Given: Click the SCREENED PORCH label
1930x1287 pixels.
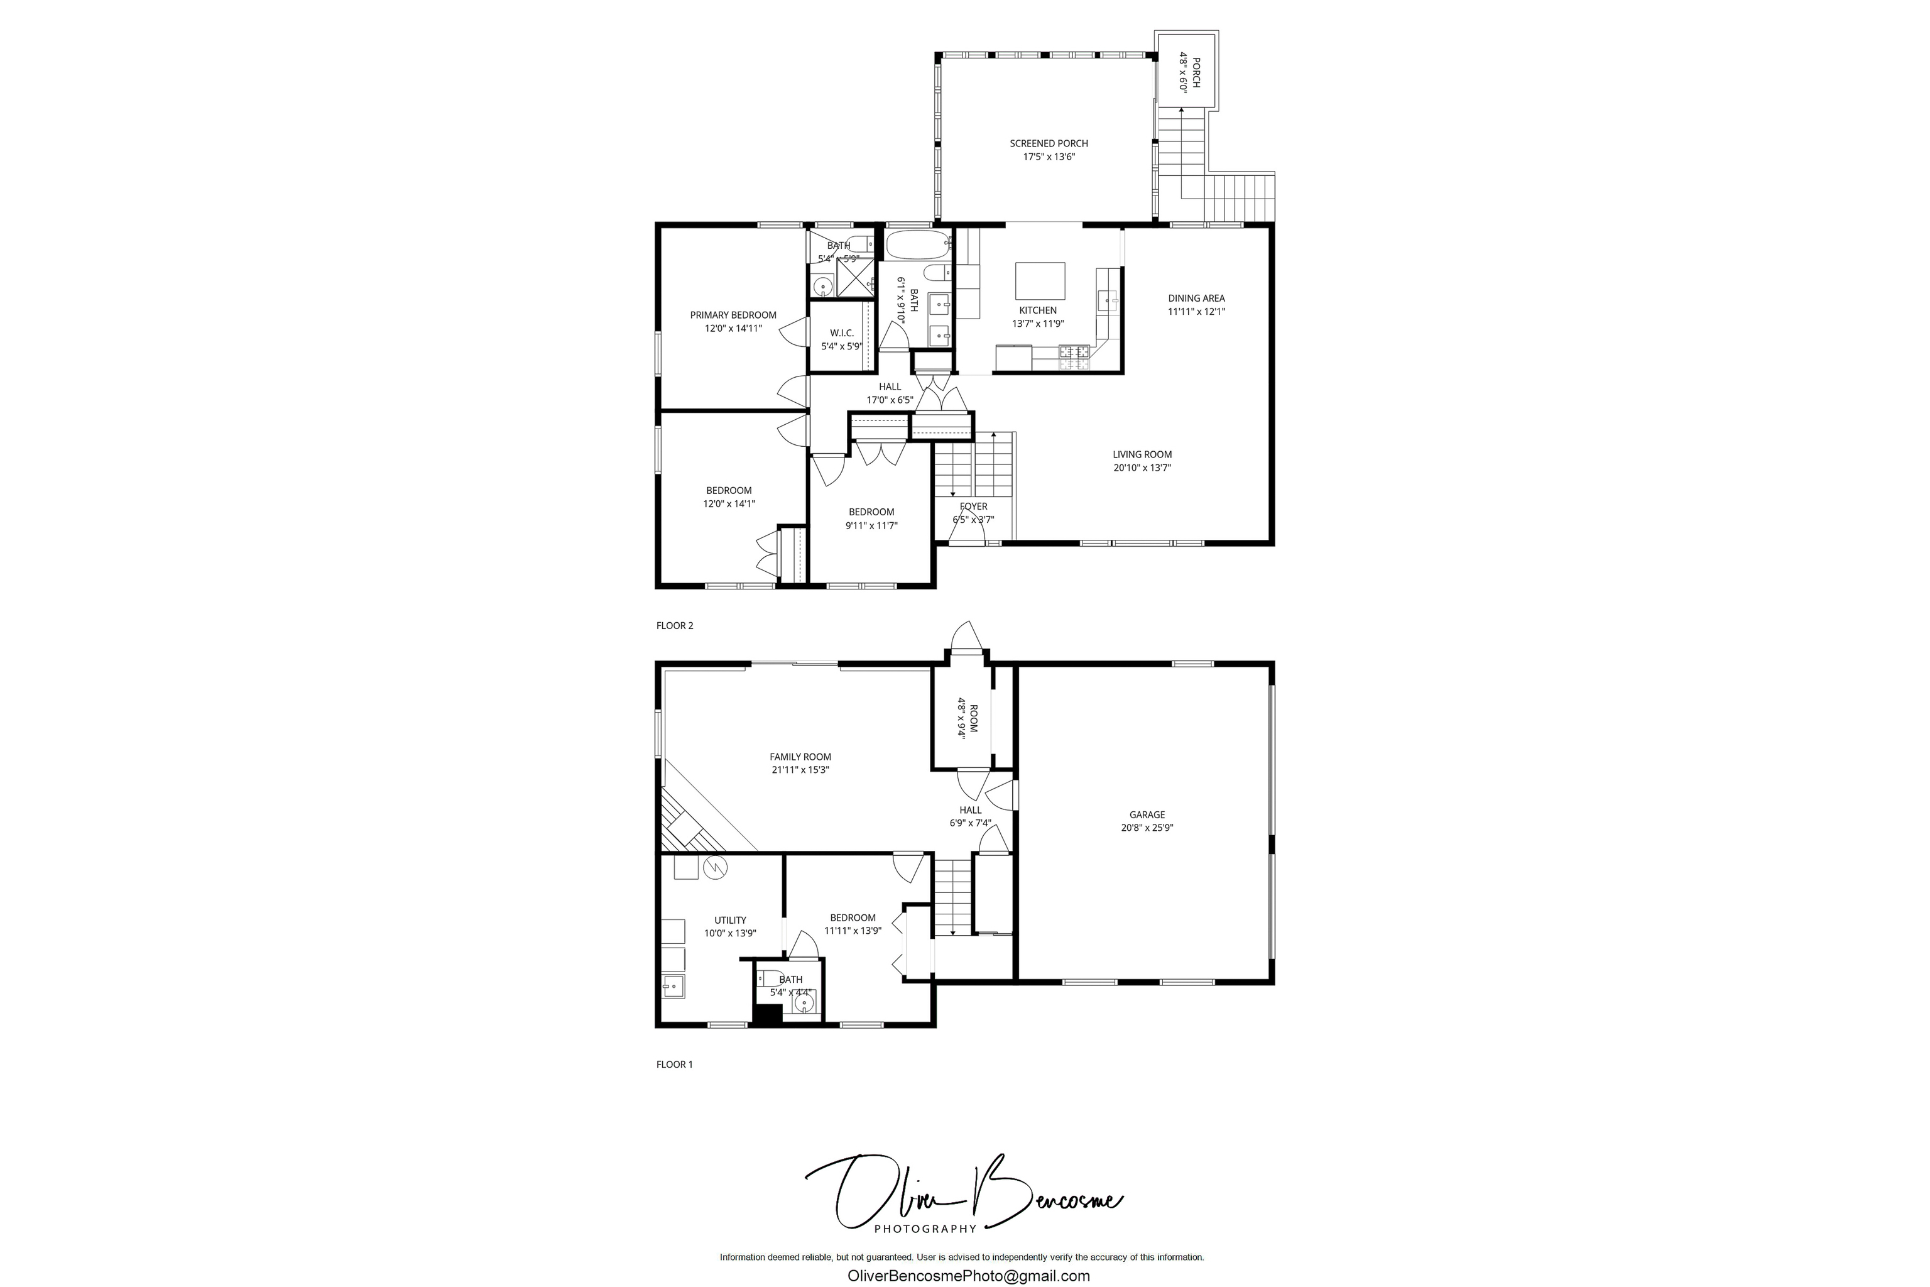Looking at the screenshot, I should tap(1048, 144).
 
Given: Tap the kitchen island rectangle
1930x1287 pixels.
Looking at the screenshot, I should tap(1040, 281).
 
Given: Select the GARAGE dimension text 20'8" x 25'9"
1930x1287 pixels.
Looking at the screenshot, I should tap(1147, 828).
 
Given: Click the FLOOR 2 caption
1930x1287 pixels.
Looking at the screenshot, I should tap(675, 625).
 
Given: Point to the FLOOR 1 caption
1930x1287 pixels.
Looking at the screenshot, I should tap(675, 1065).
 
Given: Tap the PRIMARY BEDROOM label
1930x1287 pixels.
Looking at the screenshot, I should tap(733, 315).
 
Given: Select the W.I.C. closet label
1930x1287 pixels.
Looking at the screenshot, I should tap(841, 333).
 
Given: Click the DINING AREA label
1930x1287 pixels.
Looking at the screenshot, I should tap(1196, 298).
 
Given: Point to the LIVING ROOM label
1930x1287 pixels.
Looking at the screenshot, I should tap(1142, 455).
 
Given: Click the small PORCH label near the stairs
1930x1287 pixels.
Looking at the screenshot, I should tap(1196, 73).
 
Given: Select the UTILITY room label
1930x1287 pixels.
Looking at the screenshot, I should tap(729, 920).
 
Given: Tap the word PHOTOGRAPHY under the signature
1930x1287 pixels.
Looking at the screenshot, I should tap(925, 1229).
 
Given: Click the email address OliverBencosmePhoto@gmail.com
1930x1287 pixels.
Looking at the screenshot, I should tap(968, 1276).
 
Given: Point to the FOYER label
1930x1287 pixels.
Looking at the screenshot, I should tap(973, 507).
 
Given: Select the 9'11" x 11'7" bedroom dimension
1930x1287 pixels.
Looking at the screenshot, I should tap(871, 526).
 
